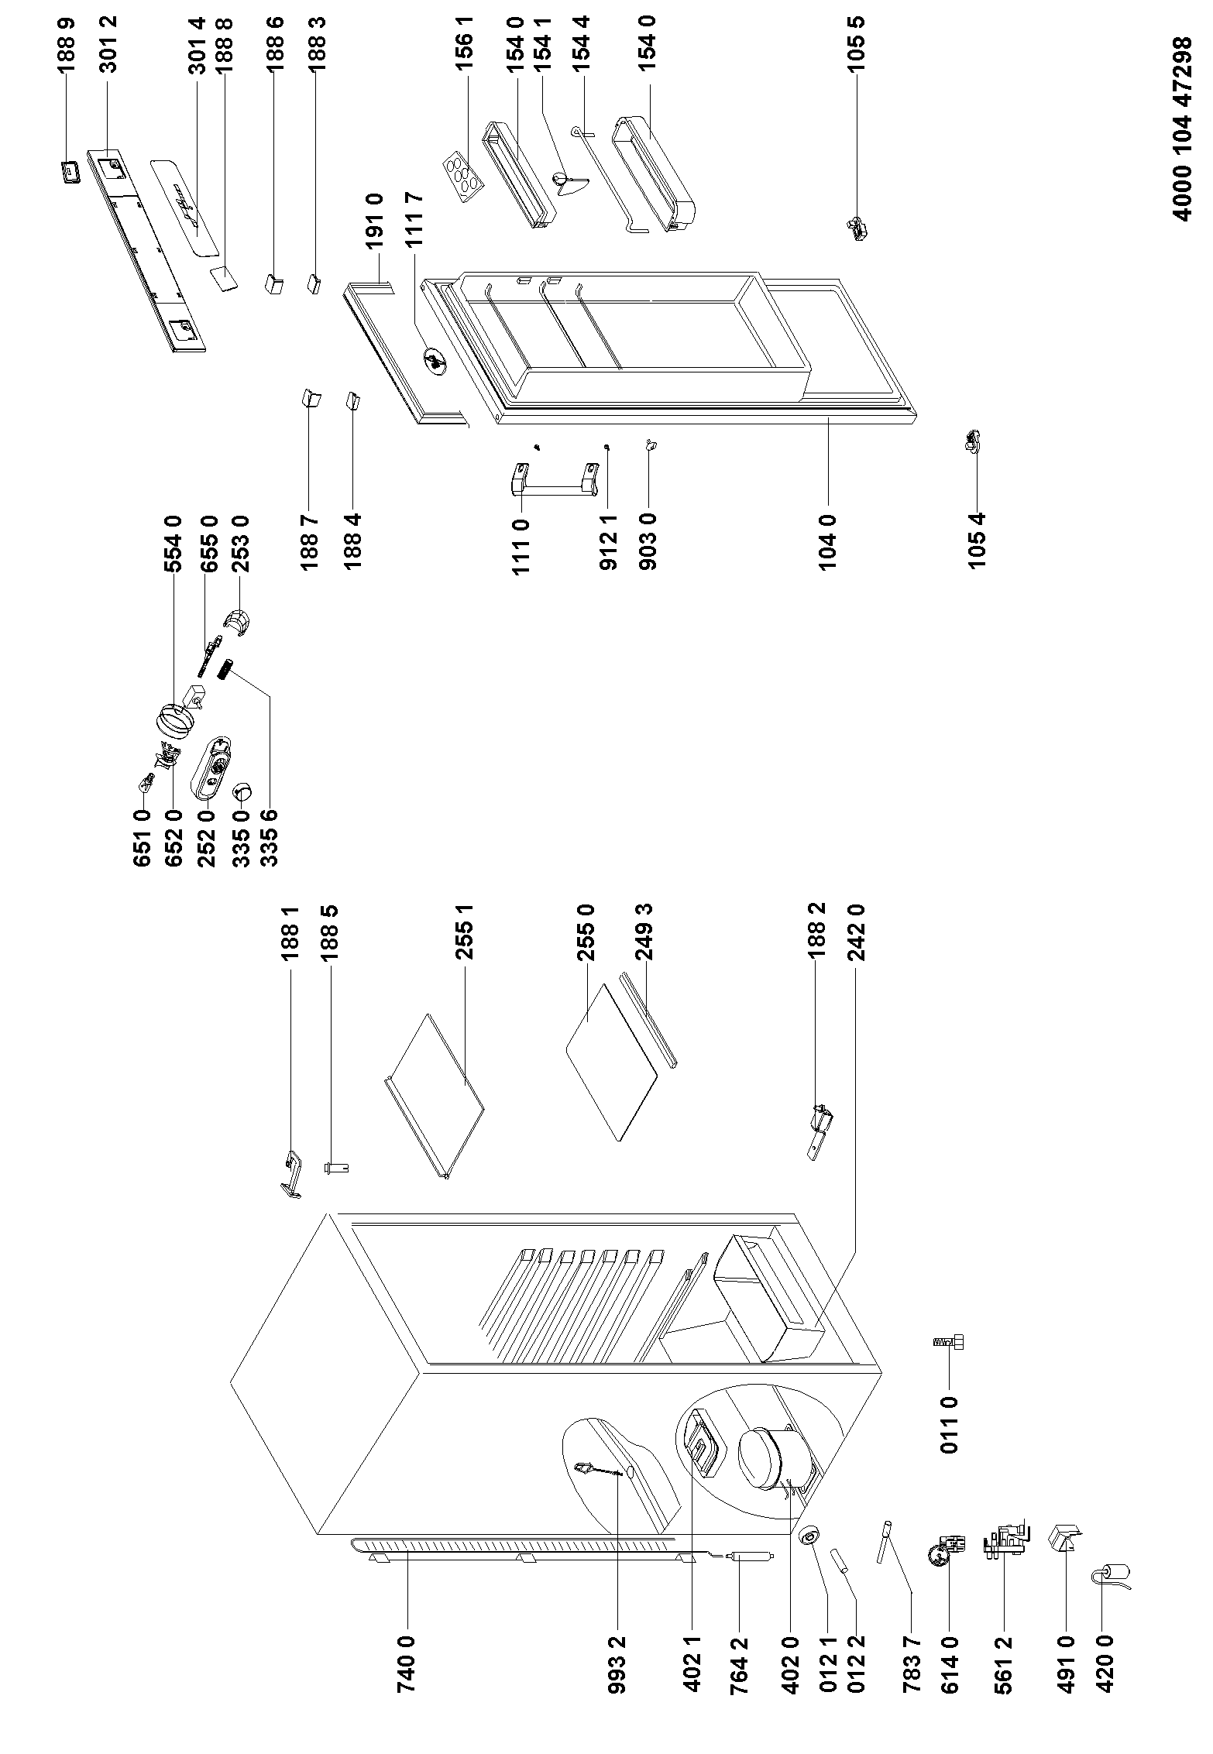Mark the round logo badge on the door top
(x=434, y=361)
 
